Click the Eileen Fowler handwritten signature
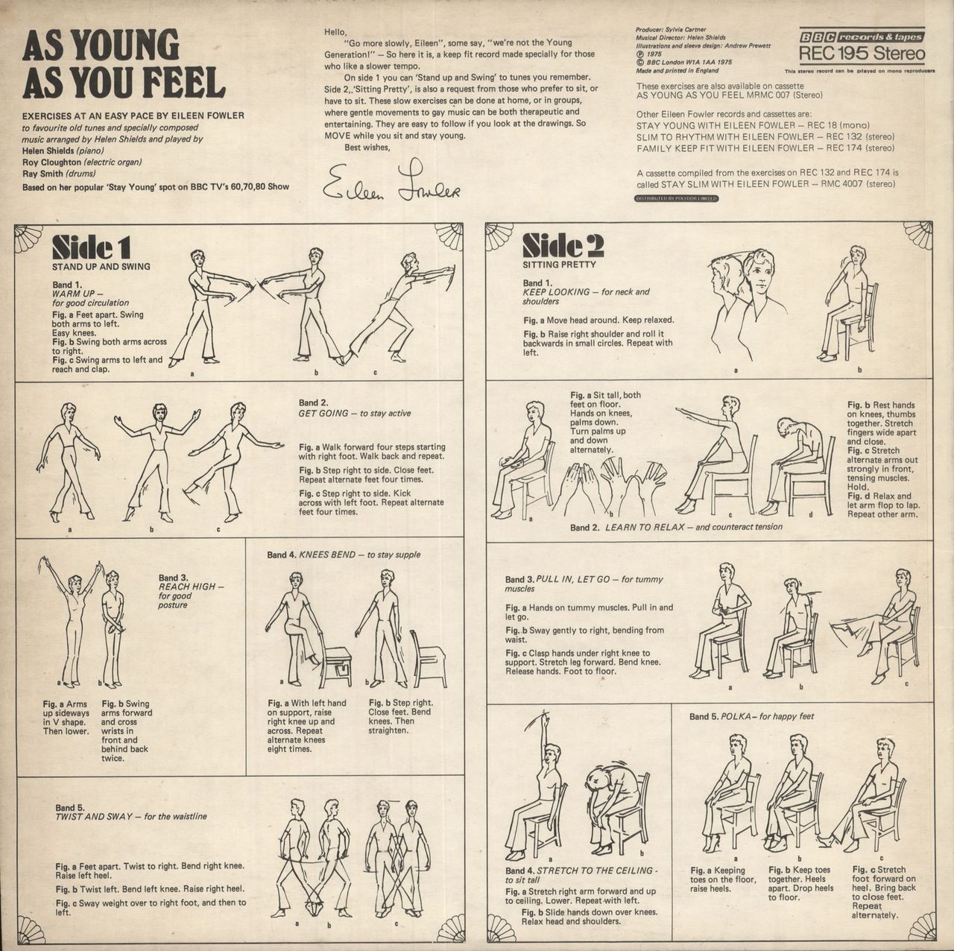click(391, 181)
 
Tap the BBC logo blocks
click(818, 37)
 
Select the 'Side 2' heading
click(563, 245)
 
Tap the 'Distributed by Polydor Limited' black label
click(676, 198)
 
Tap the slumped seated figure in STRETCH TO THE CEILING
click(616, 800)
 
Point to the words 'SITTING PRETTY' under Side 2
click(558, 265)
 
